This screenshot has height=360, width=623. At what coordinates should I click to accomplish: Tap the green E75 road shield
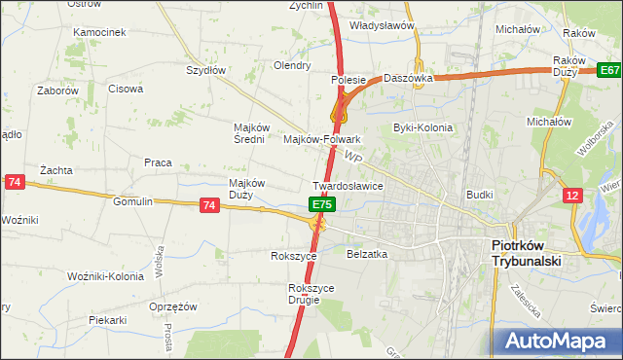tap(323, 205)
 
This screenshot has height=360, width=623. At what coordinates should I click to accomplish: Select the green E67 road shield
tap(609, 70)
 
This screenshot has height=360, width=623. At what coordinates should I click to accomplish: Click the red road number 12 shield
tap(573, 197)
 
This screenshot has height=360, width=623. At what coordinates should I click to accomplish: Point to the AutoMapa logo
tap(558, 342)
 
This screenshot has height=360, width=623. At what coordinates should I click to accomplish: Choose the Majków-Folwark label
tap(321, 139)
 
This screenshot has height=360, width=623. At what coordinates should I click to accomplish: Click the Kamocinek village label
tap(99, 32)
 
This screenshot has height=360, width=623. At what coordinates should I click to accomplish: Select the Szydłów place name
tap(205, 70)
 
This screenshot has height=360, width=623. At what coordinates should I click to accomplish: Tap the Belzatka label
tap(367, 253)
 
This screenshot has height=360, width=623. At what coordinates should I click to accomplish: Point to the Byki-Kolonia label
tap(418, 127)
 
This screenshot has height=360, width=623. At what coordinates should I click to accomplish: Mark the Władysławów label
tap(382, 26)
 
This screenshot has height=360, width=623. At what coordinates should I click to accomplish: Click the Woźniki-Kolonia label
tap(106, 276)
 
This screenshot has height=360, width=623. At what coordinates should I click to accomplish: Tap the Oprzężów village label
tap(174, 306)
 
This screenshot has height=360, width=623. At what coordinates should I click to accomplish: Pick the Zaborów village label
tap(58, 90)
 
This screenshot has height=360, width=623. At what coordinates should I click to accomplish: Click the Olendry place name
tap(292, 66)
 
